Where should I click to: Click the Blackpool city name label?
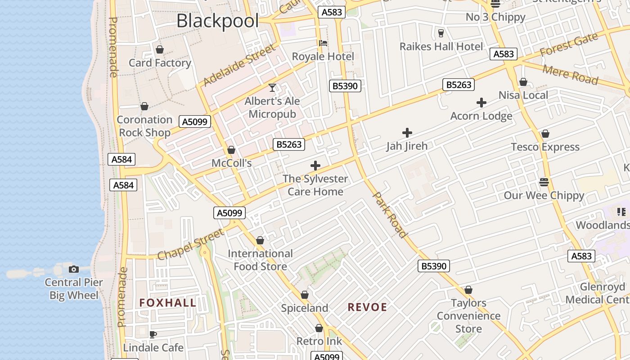pyautogui.click(x=218, y=21)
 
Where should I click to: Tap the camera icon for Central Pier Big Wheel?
pyautogui.click(x=74, y=269)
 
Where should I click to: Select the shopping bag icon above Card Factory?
pyautogui.click(x=160, y=49)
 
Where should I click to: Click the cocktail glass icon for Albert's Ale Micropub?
pyautogui.click(x=272, y=87)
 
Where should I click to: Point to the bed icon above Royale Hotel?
pyautogui.click(x=323, y=43)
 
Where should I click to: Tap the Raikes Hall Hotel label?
pyautogui.click(x=441, y=46)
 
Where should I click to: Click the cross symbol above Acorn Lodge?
pyautogui.click(x=481, y=103)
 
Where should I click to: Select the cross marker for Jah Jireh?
pyautogui.click(x=407, y=133)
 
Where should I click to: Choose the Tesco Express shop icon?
pyautogui.click(x=545, y=134)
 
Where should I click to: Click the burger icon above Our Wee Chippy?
pyautogui.click(x=544, y=182)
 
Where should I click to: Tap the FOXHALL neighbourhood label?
pyautogui.click(x=168, y=303)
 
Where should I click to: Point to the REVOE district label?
pyautogui.click(x=367, y=307)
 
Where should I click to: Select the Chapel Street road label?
pyautogui.click(x=191, y=244)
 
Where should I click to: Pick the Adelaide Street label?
pyautogui.click(x=239, y=65)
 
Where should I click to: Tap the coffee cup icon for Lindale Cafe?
pyautogui.click(x=153, y=334)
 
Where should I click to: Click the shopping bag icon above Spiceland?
pyautogui.click(x=305, y=295)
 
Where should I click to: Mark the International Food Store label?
pyautogui.click(x=260, y=260)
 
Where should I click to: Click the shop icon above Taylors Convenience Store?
pyautogui.click(x=468, y=290)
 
